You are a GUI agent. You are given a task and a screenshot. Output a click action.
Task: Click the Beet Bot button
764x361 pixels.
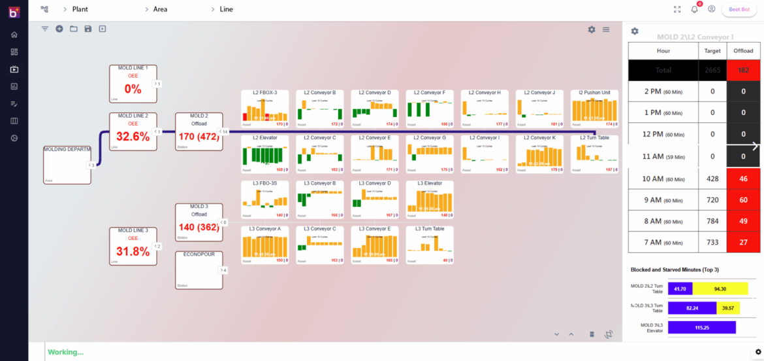tap(739, 9)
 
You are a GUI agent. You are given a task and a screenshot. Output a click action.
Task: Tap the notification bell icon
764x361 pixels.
tap(694, 9)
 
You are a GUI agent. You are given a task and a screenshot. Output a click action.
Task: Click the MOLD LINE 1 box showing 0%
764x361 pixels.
tap(133, 84)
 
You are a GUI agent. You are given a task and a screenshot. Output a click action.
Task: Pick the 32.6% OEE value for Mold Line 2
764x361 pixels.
tap(133, 137)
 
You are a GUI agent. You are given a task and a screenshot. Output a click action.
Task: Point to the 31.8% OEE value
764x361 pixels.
tap(133, 252)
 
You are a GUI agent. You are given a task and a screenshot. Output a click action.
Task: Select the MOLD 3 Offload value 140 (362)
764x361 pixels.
tap(199, 228)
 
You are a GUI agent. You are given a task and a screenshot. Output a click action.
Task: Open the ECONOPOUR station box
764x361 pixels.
tap(199, 269)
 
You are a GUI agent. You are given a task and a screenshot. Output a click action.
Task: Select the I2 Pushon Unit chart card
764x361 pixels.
tap(594, 109)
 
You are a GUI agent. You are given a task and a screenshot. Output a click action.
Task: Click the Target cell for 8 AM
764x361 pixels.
tap(712, 221)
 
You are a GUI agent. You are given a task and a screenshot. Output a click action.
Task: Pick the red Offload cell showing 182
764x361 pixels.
tap(743, 70)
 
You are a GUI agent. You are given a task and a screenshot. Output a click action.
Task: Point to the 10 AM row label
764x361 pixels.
tap(662, 179)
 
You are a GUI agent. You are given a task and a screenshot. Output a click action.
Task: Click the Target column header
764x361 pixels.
tap(712, 50)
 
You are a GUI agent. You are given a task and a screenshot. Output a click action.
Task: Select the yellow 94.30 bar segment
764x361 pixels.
tap(720, 288)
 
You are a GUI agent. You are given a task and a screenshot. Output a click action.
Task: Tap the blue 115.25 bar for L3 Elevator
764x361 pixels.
tap(701, 327)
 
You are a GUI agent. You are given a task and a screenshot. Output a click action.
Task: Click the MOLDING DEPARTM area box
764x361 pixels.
tap(67, 165)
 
